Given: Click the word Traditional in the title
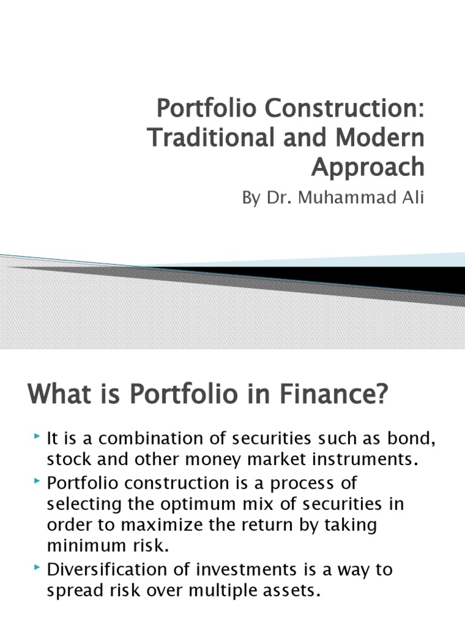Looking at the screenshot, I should pos(204,138).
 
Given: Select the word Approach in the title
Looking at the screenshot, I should pos(368,166).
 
